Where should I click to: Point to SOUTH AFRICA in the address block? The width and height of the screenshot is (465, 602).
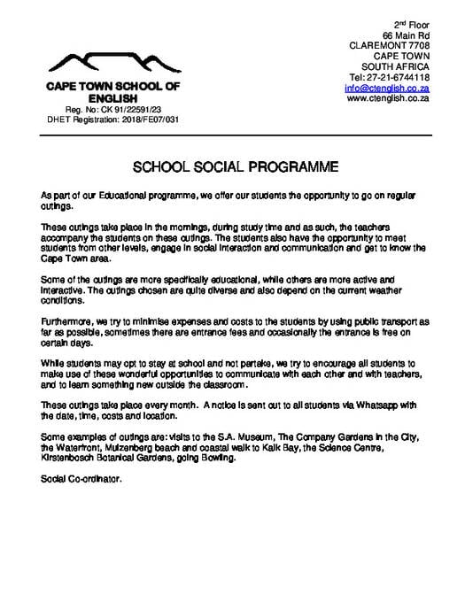pos(396,66)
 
